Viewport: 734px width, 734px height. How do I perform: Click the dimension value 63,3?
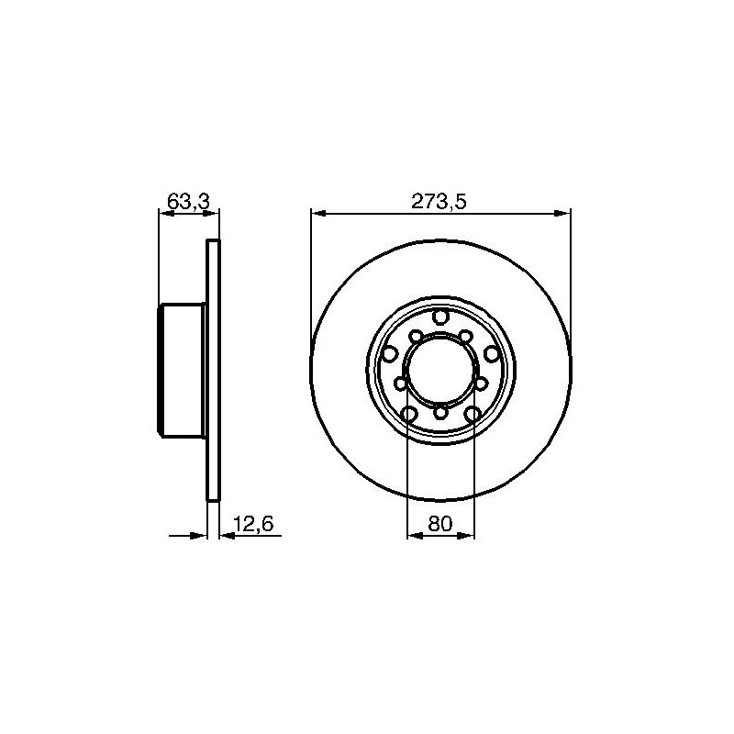point(188,202)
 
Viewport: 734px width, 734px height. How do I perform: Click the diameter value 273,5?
point(439,202)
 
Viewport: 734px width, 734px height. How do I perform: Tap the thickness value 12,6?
point(253,523)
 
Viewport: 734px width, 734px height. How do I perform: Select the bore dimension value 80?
point(440,523)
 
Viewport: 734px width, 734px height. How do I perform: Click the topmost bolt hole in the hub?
point(440,317)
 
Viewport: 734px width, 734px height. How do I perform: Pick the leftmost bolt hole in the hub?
point(389,354)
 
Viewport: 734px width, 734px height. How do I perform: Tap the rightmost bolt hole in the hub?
point(491,353)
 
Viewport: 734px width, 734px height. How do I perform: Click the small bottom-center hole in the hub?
point(440,413)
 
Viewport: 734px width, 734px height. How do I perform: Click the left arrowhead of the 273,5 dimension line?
point(318,214)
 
